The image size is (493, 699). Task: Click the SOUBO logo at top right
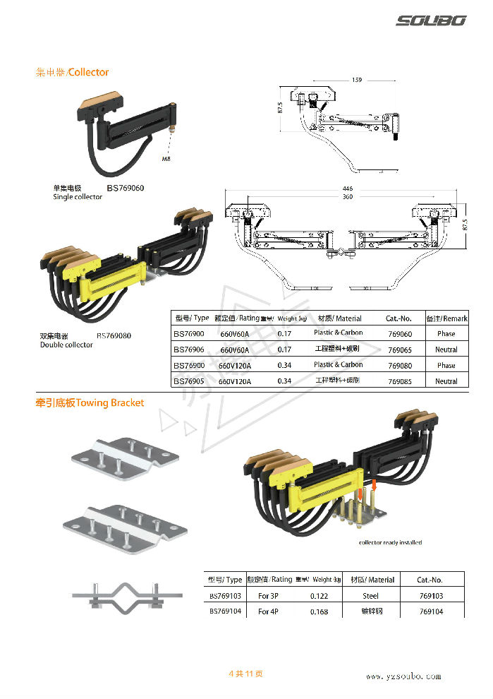coord(430,21)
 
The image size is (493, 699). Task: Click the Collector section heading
coord(73,72)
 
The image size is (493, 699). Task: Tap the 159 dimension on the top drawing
coord(356,80)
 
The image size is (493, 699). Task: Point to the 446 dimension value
coord(347,189)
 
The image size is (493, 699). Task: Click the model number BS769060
coord(126,189)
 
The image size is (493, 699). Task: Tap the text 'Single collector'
coord(78,197)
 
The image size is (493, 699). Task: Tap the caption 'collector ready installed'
coord(391,542)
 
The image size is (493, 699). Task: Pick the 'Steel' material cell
coord(370,596)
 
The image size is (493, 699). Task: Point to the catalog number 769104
coord(430,611)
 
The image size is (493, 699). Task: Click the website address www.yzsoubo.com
coord(403,676)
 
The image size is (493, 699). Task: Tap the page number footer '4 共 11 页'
coord(246,674)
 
